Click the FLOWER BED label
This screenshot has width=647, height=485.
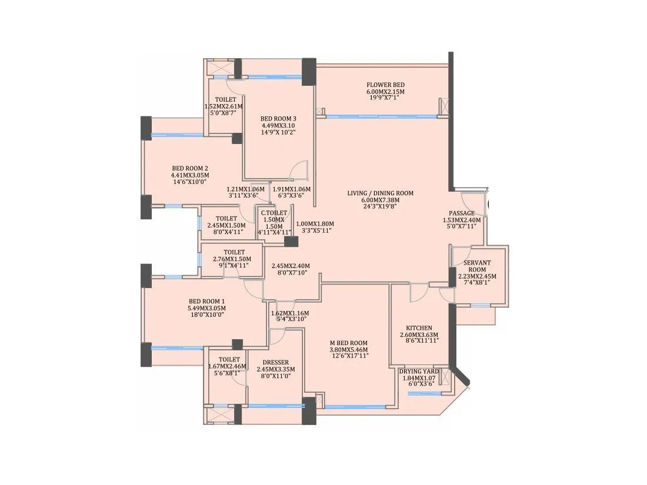pos(385,85)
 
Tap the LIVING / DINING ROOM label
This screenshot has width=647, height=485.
pos(388,193)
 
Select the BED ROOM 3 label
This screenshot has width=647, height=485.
pos(278,118)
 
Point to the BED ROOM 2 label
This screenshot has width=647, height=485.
pos(190,168)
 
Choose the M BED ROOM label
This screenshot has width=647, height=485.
pos(348,343)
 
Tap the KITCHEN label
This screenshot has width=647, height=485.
pos(419,328)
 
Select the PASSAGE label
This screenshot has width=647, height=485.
pos(462,213)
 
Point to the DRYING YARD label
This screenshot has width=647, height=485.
pos(419,372)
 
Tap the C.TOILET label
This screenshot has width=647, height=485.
pos(274,213)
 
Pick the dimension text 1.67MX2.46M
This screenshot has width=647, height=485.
pos(229,366)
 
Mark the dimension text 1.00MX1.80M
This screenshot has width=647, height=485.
pos(314,223)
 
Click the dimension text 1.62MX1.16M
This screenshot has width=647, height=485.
pos(290,313)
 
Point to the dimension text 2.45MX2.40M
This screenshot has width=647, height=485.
pos(290,266)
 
